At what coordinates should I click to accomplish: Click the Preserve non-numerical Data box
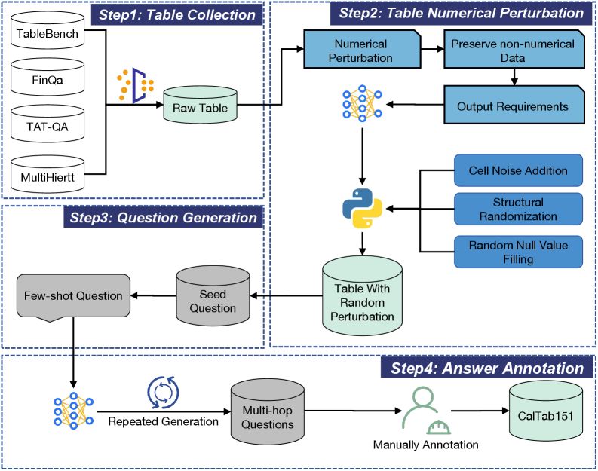click(512, 50)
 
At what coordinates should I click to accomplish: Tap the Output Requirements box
click(512, 106)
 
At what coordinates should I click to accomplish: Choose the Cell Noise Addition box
click(517, 170)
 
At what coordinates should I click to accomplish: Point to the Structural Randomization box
click(517, 209)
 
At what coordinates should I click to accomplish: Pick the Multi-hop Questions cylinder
click(267, 411)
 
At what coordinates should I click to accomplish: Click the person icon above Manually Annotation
click(422, 409)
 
